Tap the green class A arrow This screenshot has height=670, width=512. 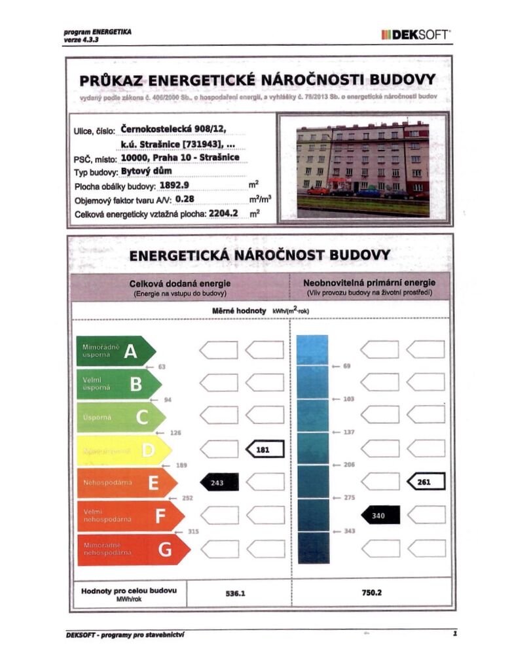click(x=115, y=351)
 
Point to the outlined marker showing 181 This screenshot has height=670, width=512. click(x=265, y=449)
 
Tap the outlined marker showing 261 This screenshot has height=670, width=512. click(x=426, y=482)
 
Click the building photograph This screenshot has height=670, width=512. click(x=362, y=167)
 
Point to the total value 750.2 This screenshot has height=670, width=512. click(x=371, y=593)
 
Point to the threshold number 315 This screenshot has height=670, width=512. click(x=193, y=532)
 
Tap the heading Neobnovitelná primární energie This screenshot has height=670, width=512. click(x=369, y=283)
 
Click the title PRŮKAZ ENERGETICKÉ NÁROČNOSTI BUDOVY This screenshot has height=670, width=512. click(x=257, y=80)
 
